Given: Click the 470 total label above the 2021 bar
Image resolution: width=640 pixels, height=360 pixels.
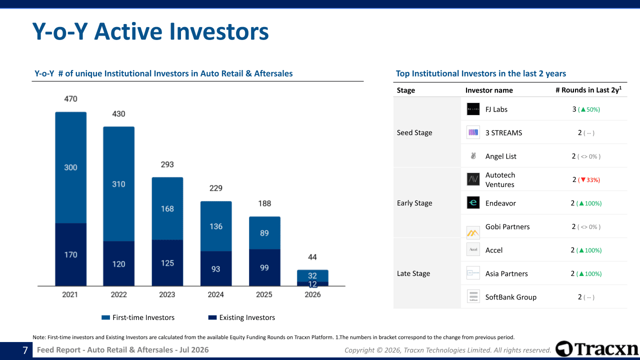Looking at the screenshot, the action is [70, 99].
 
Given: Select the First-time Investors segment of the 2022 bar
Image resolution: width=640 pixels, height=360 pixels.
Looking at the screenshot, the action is [119, 184].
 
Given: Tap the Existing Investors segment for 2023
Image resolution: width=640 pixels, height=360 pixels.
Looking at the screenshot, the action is [167, 263].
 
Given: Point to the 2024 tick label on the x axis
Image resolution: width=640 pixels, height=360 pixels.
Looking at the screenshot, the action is [215, 294].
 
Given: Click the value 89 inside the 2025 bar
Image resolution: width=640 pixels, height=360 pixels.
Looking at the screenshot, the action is [264, 233].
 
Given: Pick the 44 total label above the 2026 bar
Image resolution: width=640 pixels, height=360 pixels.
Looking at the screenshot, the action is [312, 257].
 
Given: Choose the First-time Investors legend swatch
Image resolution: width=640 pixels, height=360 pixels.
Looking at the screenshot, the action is [105, 317].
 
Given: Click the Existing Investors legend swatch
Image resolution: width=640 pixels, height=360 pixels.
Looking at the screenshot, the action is [212, 317].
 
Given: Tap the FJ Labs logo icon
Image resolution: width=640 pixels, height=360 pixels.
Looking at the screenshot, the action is [473, 109].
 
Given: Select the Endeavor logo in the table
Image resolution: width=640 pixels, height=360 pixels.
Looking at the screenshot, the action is [473, 202].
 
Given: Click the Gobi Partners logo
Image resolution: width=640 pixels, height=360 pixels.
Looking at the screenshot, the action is [473, 232].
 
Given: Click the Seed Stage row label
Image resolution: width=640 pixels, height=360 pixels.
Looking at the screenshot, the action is [414, 132].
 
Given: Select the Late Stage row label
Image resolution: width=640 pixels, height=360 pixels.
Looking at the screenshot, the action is [413, 273].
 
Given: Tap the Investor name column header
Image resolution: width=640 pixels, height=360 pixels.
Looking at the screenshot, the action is [489, 90].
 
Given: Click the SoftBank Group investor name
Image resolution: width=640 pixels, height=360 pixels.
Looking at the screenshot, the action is [511, 297].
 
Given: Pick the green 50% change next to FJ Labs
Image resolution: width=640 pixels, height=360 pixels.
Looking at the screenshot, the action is [589, 109].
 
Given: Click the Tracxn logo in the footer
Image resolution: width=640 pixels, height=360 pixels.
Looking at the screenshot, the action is [596, 348].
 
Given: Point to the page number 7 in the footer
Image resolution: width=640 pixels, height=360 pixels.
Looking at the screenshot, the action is [25, 350].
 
